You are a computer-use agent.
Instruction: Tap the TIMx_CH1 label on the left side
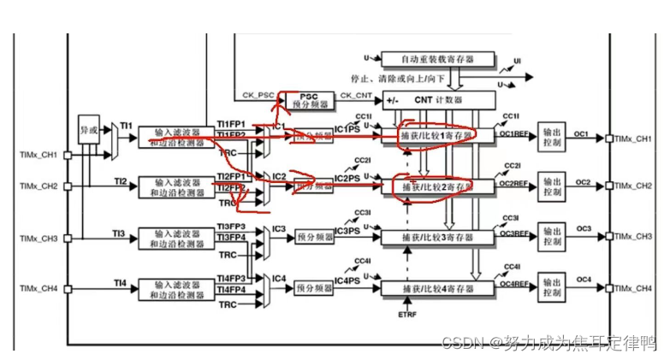pos(38,155)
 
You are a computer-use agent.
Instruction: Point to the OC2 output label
pos(584,182)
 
